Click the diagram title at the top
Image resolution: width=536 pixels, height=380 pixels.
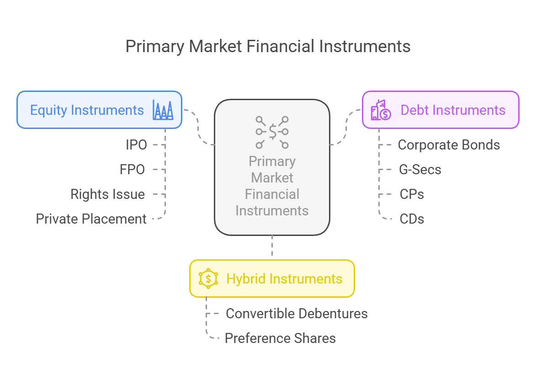(x=268, y=47)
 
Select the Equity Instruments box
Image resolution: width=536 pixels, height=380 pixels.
(x=100, y=110)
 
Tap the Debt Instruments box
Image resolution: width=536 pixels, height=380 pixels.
(x=440, y=110)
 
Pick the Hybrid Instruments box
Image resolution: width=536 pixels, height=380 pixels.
(x=272, y=278)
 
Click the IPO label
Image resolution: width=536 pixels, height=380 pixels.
(x=136, y=145)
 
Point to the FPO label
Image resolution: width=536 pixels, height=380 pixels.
(x=133, y=170)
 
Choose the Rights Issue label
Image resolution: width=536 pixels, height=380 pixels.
(x=108, y=194)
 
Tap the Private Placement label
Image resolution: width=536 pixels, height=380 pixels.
(x=91, y=219)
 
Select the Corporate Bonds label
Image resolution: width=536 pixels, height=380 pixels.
(x=449, y=145)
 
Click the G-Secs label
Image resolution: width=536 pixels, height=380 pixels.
(x=420, y=170)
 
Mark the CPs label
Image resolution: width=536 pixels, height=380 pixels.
(x=412, y=194)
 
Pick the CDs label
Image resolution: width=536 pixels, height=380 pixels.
(x=412, y=219)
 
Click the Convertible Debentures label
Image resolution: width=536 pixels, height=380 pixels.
(x=297, y=314)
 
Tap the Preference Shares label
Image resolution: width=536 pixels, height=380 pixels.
(x=280, y=338)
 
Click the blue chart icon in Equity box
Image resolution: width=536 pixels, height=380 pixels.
(x=163, y=110)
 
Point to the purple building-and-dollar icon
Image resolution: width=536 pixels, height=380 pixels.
(x=381, y=110)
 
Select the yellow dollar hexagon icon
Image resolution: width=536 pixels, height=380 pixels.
(x=208, y=278)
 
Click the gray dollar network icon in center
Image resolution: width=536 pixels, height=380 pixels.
(x=272, y=132)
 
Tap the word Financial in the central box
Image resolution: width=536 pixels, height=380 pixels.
(x=272, y=194)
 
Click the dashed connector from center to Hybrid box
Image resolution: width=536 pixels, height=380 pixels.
(x=272, y=246)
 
